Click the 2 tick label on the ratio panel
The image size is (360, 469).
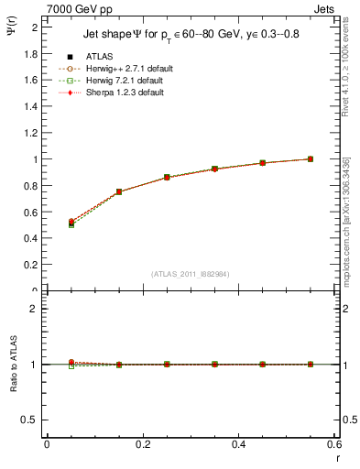click(37, 309)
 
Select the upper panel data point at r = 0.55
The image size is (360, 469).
click(311, 158)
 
